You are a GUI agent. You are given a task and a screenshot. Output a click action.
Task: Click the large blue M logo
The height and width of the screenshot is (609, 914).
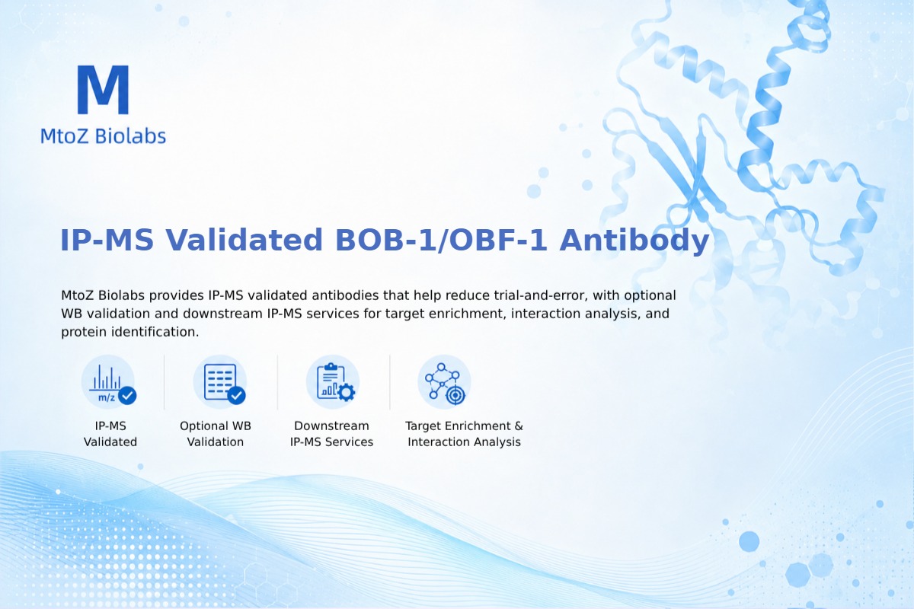[x=104, y=89]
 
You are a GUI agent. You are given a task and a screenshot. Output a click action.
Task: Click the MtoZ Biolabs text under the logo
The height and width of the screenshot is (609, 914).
[x=104, y=136]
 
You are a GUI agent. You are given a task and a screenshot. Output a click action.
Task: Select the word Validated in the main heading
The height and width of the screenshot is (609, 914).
[x=244, y=241]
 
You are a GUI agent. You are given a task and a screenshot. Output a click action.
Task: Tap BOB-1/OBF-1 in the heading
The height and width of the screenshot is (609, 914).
[x=441, y=241]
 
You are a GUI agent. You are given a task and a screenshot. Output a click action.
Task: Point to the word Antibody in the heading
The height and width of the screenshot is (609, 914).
[x=634, y=241]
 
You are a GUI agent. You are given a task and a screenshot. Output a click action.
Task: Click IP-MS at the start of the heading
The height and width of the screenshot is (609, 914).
[x=107, y=241]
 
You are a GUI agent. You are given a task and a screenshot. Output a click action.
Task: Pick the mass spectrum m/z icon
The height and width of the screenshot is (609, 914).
[x=108, y=383]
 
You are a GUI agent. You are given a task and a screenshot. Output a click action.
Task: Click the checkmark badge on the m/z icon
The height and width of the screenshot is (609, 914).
[x=127, y=395]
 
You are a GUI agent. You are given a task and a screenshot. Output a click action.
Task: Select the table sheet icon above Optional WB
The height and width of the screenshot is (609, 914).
[x=220, y=382]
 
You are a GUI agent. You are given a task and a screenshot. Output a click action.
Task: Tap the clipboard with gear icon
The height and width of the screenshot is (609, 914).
[x=333, y=382]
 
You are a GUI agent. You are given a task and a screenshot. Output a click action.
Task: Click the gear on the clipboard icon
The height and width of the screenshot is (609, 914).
[x=347, y=392]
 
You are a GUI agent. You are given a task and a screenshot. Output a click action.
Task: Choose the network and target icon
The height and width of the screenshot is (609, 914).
[x=444, y=382]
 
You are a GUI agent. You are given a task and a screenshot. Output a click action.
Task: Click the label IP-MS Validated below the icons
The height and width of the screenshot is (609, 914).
[x=110, y=434]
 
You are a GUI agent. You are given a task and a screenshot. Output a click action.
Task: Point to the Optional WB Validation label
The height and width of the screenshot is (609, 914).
[x=216, y=434]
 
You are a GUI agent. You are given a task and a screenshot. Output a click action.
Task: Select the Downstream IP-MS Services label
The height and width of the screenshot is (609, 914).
[x=332, y=434]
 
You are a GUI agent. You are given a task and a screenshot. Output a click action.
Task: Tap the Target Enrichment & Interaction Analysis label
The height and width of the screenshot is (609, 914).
[x=464, y=434]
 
